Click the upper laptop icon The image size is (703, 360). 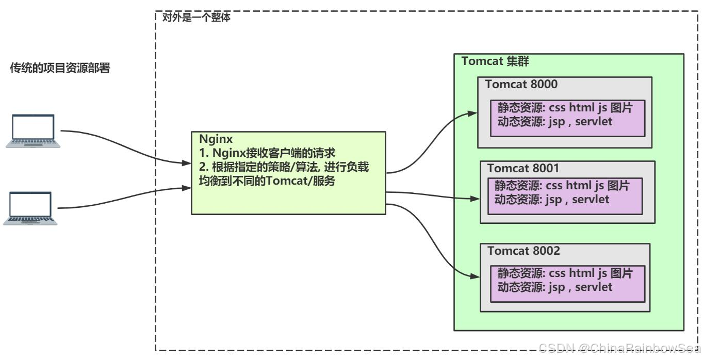33,131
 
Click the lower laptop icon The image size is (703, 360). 30,208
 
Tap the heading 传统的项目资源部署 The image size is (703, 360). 60,69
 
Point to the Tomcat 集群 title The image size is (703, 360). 495,61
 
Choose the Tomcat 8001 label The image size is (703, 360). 523,168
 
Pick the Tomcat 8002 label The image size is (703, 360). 524,251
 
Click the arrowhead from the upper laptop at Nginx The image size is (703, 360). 186,164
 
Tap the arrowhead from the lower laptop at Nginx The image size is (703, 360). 186,188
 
